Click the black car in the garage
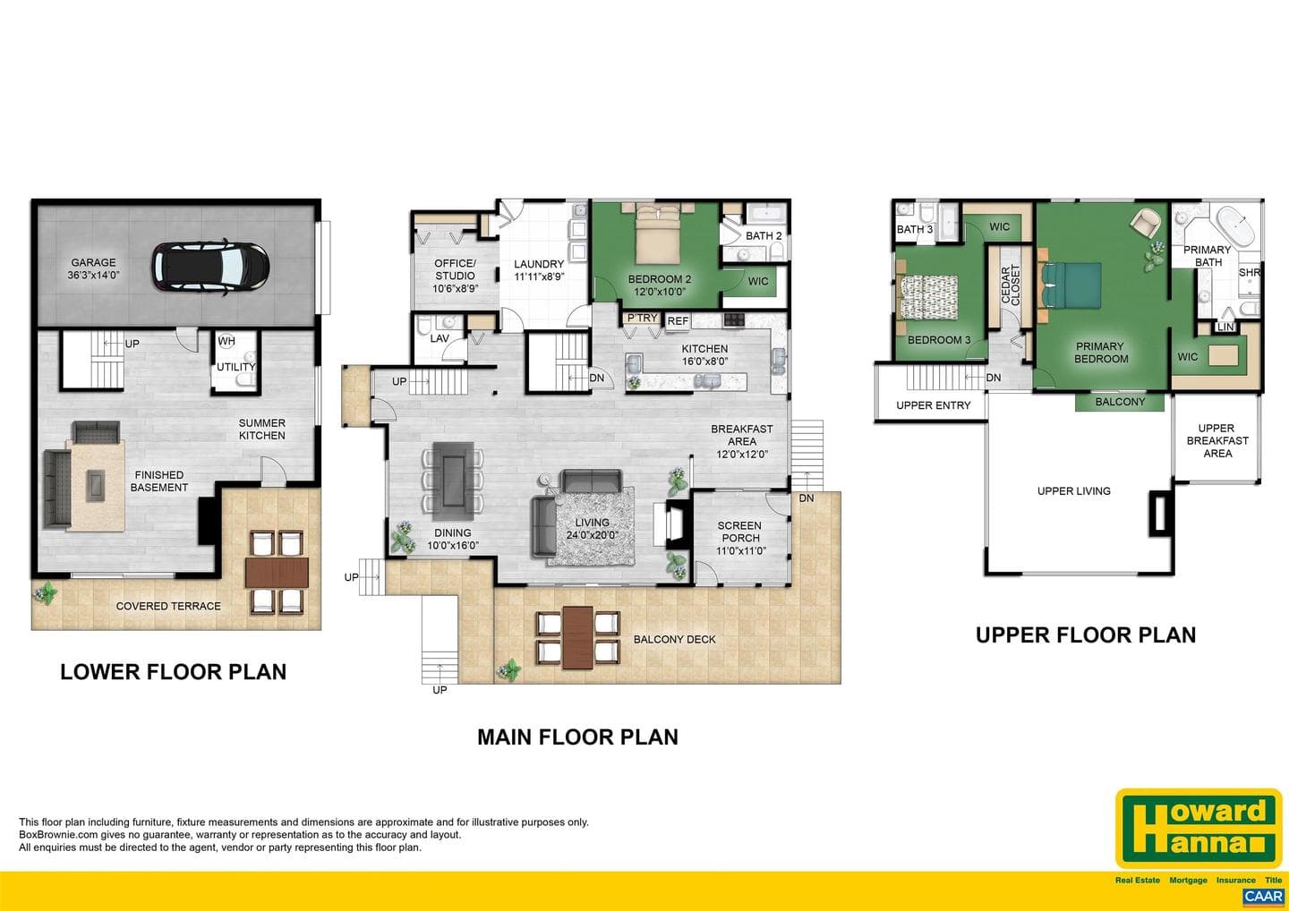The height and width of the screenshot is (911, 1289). point(210,268)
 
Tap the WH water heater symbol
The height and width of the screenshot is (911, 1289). point(226,341)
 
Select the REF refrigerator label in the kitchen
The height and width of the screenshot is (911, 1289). point(678,321)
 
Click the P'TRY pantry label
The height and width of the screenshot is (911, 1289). point(642,318)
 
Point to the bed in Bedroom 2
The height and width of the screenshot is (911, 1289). point(658,233)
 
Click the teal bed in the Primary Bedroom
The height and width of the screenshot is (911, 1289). point(1071,285)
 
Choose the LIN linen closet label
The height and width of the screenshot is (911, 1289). point(1225,327)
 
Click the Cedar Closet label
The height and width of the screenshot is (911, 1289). point(1010,285)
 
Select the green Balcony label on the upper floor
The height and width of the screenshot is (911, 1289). point(1120,402)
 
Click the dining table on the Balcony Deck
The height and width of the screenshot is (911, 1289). point(577,638)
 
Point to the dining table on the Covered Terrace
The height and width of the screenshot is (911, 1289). point(277,572)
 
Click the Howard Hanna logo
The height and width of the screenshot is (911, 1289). point(1199,828)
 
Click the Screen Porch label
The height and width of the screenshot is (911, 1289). point(740,538)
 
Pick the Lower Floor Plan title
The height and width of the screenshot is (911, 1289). point(174,672)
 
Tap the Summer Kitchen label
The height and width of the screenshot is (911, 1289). point(261,429)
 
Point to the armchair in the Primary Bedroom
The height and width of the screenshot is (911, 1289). point(1145,221)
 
